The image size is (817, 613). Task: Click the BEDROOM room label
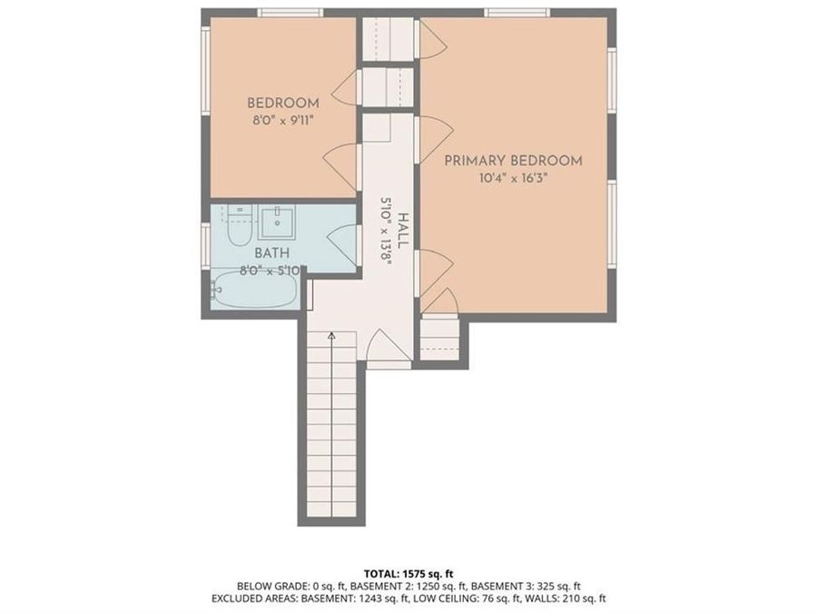tap(282, 103)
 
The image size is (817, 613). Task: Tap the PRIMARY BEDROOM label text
tap(513, 161)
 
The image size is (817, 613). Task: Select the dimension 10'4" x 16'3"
tap(513, 178)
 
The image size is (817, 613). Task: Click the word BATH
tap(271, 253)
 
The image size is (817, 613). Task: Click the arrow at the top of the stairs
tap(331, 337)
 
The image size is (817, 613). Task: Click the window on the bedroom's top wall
tap(290, 12)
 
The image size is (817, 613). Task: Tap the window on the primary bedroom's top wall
tap(516, 12)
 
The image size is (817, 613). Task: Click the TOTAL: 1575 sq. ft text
tap(408, 574)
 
